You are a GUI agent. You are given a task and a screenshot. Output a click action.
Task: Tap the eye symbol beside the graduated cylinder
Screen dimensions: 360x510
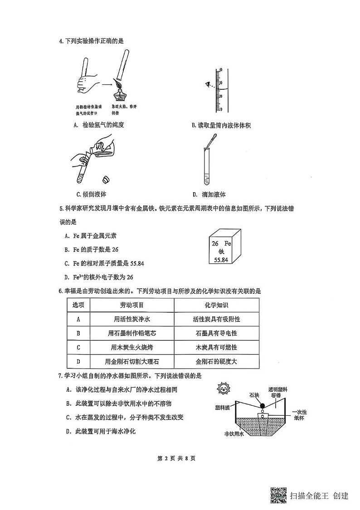tap(209, 84)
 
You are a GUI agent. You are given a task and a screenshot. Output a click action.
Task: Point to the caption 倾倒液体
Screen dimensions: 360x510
tap(91, 194)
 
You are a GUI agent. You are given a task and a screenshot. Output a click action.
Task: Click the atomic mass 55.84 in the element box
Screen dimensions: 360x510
tap(220, 259)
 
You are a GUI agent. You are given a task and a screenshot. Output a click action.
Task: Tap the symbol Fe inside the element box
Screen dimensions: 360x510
tap(228, 243)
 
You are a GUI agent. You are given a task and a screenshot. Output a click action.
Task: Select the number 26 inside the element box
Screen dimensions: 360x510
tap(215, 243)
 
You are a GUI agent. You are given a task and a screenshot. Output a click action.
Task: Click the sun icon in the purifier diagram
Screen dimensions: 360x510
tap(223, 389)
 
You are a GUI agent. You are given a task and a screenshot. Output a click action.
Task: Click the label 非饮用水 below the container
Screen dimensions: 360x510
tap(234, 434)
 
